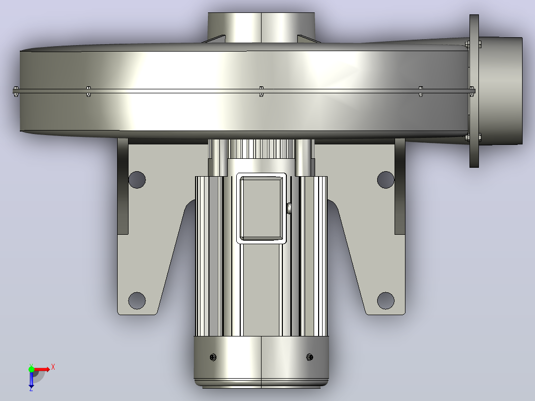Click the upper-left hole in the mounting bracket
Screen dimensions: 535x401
pos(137,180)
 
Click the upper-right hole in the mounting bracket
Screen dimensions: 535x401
pos(386,180)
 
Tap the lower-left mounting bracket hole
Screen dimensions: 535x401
pos(137,301)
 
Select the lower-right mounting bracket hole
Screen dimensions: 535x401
pos(386,301)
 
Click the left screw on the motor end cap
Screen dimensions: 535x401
pos(213,357)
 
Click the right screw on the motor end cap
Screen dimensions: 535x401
pos(310,357)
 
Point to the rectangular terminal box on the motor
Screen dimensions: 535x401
pos(262,208)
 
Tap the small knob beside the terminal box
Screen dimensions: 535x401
pos(289,208)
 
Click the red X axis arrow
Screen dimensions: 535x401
pos(42,369)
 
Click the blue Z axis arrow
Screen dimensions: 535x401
pos(31,380)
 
